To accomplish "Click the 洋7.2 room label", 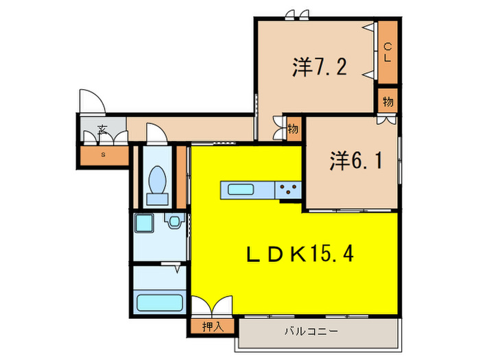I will tap(320, 68).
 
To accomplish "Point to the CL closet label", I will tap(387, 52).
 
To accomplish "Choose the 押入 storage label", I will tap(213, 326).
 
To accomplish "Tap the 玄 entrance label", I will tap(101, 130).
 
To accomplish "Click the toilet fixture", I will tap(158, 184).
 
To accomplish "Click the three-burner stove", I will tap(288, 189).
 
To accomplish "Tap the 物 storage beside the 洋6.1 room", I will tap(293, 129).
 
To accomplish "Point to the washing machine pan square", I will tap(145, 224).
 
